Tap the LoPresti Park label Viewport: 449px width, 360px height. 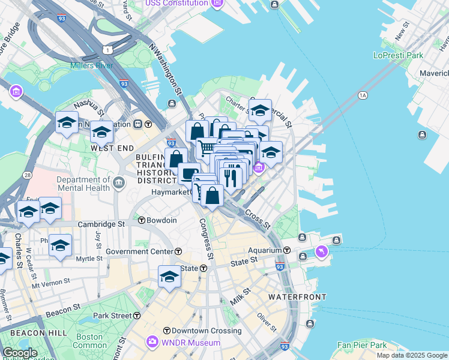coord(398,55)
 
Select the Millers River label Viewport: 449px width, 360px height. coord(91,65)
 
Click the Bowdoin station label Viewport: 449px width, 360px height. coord(161,220)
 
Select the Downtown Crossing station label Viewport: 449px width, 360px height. coord(197,331)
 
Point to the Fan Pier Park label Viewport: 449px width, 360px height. coord(361,345)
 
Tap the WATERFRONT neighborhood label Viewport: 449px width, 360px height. coord(297,297)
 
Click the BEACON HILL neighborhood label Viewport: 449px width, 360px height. coord(25,333)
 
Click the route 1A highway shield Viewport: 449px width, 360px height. coord(362,95)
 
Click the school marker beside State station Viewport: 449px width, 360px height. coord(170,277)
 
